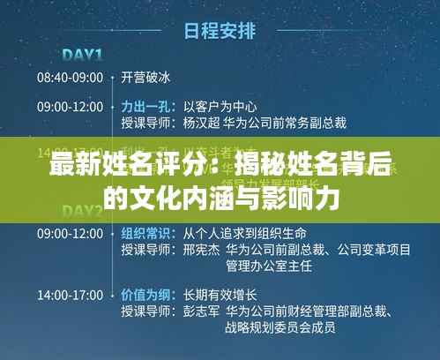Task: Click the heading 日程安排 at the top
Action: coord(219,31)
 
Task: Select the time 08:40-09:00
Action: coord(70,77)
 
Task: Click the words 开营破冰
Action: coord(145,77)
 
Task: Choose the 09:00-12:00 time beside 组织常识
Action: coord(70,234)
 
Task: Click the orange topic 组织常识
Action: coord(145,234)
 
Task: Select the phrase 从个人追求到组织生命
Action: coord(244,234)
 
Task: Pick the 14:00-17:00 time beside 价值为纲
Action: coord(70,294)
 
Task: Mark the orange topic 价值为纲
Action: coord(145,294)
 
